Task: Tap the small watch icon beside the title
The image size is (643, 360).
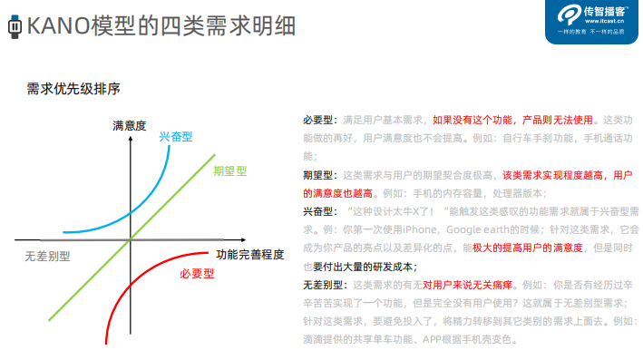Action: (x=13, y=25)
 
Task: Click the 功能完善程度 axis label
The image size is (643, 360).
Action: (x=250, y=254)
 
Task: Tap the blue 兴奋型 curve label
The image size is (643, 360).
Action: (x=176, y=136)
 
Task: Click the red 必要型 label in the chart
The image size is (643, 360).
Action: (x=196, y=273)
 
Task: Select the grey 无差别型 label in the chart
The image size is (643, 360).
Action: (x=48, y=256)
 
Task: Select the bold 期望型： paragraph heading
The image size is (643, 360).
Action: (x=320, y=175)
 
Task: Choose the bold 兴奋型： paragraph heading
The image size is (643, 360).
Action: (x=320, y=211)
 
